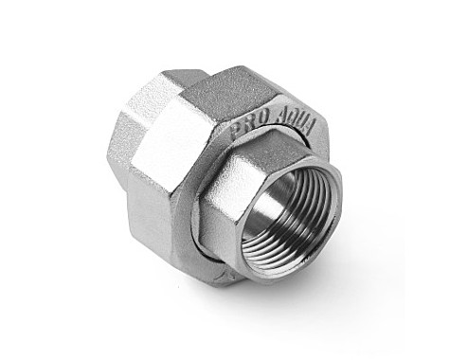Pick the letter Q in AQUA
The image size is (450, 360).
[x=290, y=114]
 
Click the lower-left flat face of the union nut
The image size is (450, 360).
[x=175, y=223]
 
